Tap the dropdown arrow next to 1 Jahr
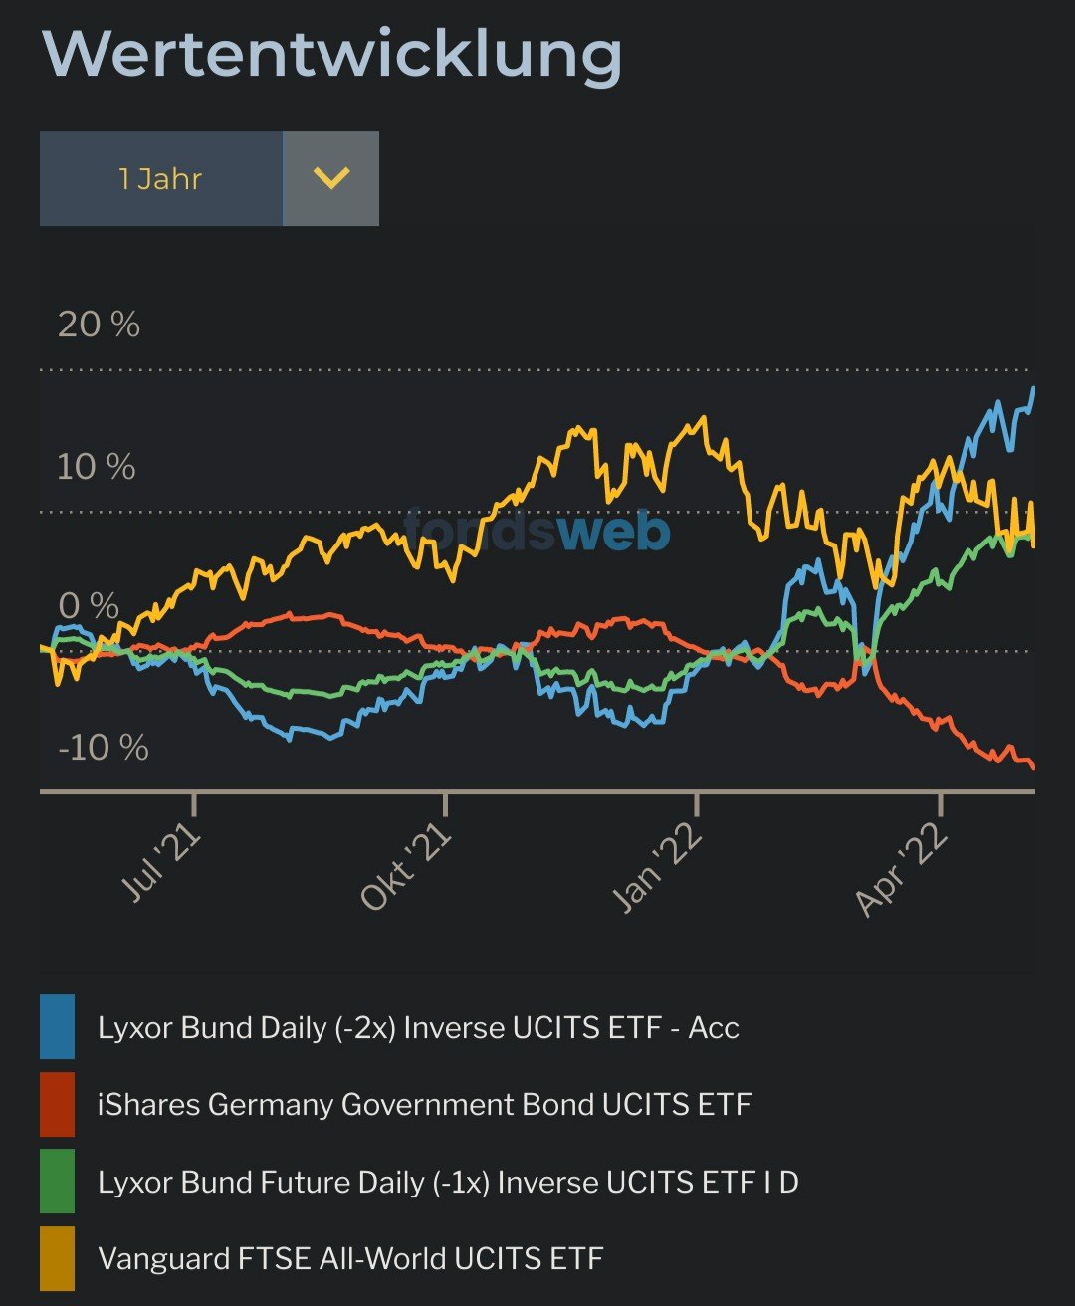330,179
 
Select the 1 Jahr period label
160,179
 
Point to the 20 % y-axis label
99,325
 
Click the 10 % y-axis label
96,466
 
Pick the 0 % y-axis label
89,605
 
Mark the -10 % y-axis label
104,747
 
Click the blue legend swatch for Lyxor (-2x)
57,1026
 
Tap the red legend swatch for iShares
57,1104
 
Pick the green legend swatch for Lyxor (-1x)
57,1182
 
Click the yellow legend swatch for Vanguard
57,1258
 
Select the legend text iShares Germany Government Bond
424,1104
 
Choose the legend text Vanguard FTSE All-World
350,1258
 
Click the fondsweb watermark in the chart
537,531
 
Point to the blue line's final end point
1033,388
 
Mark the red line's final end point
1033,767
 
